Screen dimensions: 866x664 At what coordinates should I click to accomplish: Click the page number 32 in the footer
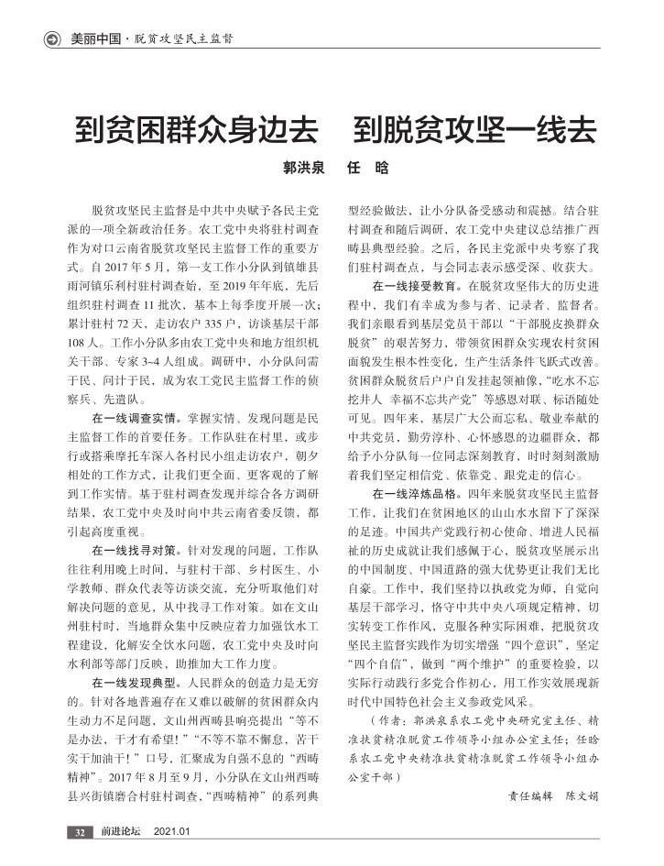81,832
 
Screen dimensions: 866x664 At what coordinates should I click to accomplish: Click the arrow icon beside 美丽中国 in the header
53,38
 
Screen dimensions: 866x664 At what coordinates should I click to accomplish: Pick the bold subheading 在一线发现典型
135,683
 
